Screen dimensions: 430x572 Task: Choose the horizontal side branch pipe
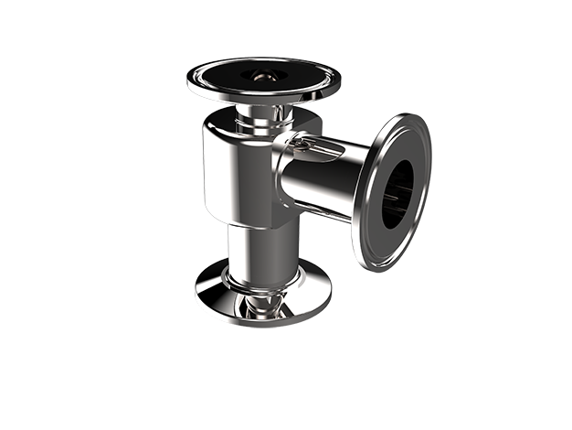[x=320, y=183]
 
